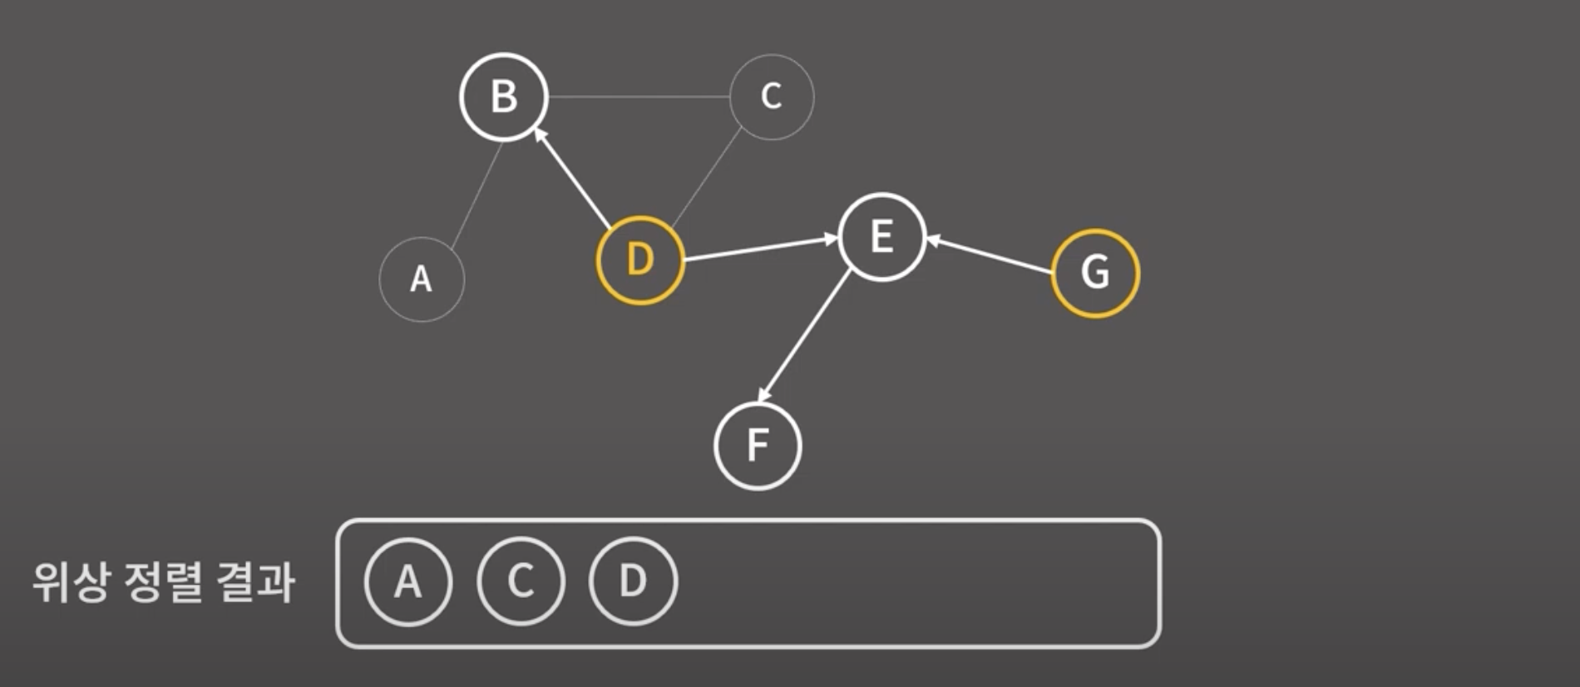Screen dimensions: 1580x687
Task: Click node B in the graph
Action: (x=504, y=96)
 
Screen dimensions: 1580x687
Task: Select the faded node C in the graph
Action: (x=771, y=96)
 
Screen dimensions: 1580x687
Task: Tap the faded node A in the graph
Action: (x=422, y=279)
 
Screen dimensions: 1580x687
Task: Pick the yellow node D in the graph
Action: (x=639, y=259)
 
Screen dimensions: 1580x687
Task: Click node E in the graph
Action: (x=881, y=237)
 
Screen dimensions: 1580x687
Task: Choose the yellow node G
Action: (x=1094, y=273)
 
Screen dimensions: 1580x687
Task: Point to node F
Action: (x=757, y=446)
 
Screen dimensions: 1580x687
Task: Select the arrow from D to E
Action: (x=761, y=249)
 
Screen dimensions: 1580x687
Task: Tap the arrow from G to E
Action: (x=990, y=255)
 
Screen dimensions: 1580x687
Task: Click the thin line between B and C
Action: (x=639, y=96)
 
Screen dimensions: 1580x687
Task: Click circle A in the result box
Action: (x=407, y=581)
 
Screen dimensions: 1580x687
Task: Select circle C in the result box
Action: (x=521, y=581)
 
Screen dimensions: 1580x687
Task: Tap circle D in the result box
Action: (x=633, y=581)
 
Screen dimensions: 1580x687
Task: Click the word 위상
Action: (x=71, y=582)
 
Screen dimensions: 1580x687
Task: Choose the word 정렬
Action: (x=163, y=582)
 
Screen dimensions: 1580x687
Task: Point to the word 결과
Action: (x=255, y=582)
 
